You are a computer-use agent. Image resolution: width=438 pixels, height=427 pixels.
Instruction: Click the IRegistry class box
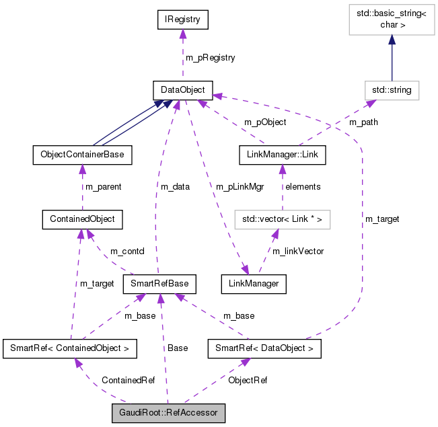click(x=184, y=20)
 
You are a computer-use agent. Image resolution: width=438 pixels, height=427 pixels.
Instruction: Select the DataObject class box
click(x=183, y=89)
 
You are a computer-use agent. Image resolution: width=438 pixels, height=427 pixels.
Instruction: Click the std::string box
click(x=391, y=89)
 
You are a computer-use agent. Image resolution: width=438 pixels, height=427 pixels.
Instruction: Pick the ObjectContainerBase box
click(x=82, y=155)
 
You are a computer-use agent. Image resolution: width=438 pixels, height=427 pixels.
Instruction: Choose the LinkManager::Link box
click(x=283, y=155)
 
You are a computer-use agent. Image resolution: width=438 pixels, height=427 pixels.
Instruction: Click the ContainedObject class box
click(x=82, y=219)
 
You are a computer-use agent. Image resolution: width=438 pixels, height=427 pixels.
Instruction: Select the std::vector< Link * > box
click(x=283, y=219)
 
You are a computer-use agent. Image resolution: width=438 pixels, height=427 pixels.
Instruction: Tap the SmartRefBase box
click(x=159, y=284)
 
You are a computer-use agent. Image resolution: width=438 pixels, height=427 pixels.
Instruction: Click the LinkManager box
click(x=254, y=284)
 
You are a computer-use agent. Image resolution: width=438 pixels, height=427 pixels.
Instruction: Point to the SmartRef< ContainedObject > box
click(x=70, y=349)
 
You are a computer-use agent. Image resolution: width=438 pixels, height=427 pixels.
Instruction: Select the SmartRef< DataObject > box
click(x=264, y=349)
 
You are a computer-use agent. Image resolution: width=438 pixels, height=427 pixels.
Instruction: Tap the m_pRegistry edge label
click(x=210, y=58)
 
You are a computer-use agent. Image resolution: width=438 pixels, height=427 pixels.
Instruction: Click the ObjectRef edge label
click(x=247, y=380)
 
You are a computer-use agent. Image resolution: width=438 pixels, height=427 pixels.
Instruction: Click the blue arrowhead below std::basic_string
click(x=391, y=42)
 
